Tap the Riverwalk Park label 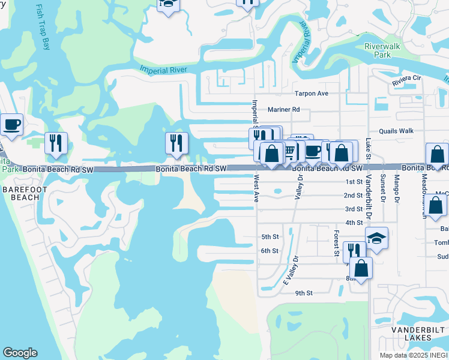point(378,50)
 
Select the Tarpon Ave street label point(311,94)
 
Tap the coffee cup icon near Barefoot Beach point(12,125)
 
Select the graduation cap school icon point(376,239)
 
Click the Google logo point(20,353)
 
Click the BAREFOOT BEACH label point(20,193)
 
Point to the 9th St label point(304,293)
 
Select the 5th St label point(270,236)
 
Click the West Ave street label point(256,188)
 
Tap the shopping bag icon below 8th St point(361,268)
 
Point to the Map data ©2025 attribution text point(414,355)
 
